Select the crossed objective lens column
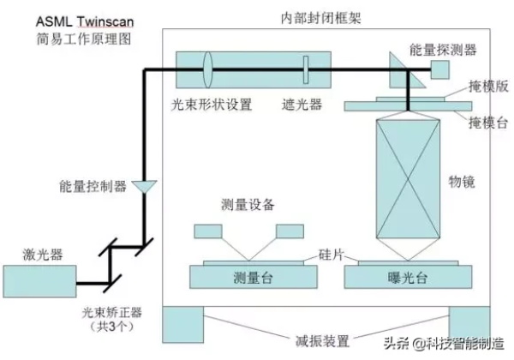tap(408, 180)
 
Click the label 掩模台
tap(487, 123)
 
